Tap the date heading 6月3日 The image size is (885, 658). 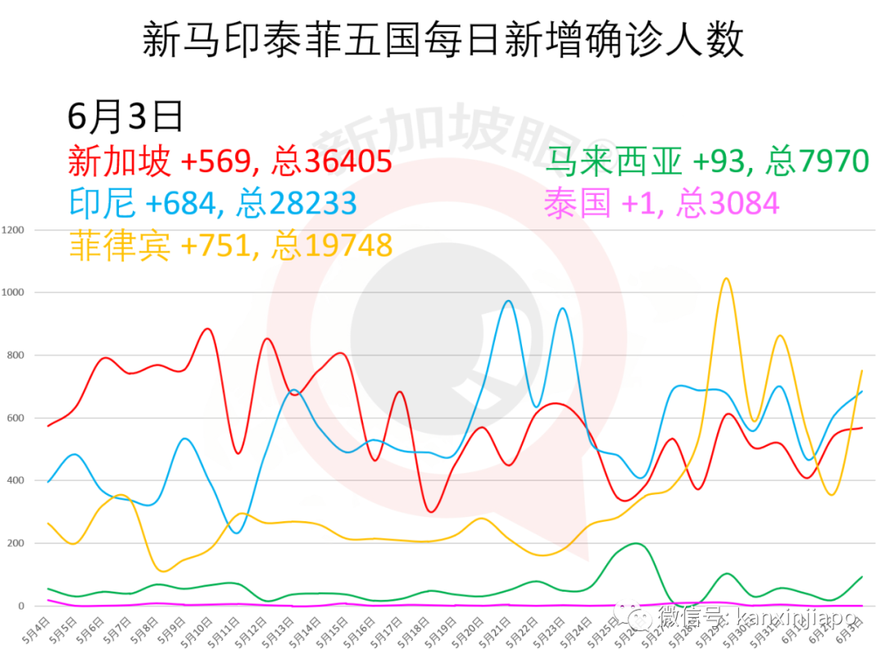point(125,117)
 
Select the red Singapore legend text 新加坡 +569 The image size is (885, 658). point(229,161)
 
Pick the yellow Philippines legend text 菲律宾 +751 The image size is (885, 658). point(229,245)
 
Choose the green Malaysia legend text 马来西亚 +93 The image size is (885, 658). point(706,161)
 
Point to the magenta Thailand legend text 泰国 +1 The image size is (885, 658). point(662,202)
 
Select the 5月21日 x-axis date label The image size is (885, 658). point(492,632)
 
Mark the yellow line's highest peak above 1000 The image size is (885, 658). point(725,279)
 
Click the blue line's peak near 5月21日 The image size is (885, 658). point(508,301)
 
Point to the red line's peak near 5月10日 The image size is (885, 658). point(206,329)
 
